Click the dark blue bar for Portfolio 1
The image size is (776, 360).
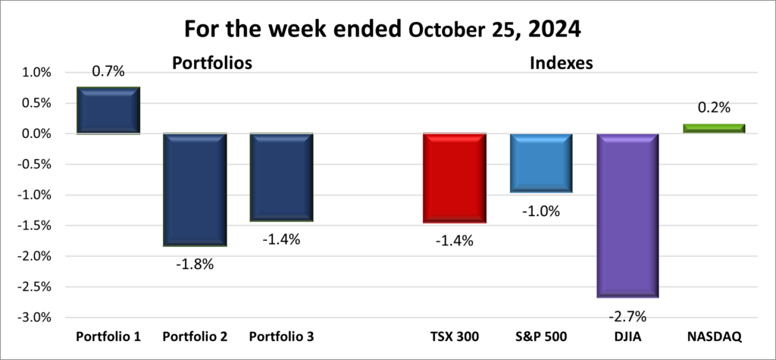point(108,111)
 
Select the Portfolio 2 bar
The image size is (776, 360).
point(195,189)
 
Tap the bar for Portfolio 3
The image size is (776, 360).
point(281,177)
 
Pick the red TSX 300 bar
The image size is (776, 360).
point(454,178)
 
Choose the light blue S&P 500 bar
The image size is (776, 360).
point(540,163)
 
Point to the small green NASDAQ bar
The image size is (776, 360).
point(714,128)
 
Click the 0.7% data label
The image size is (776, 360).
point(108,72)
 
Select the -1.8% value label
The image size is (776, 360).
point(195,264)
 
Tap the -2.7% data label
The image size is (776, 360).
point(627,316)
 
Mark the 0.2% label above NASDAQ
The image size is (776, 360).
point(714,108)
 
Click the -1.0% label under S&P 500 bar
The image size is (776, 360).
point(540,211)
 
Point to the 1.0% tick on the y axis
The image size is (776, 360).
point(36,73)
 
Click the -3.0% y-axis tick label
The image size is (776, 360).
point(34,317)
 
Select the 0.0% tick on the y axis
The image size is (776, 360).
point(36,134)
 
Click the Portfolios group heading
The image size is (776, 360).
point(211,63)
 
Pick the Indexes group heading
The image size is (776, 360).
point(560,63)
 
